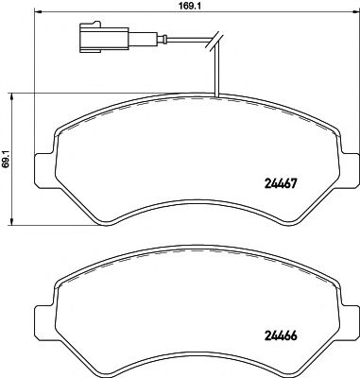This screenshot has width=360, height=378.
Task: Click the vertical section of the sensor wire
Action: coord(217,71)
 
